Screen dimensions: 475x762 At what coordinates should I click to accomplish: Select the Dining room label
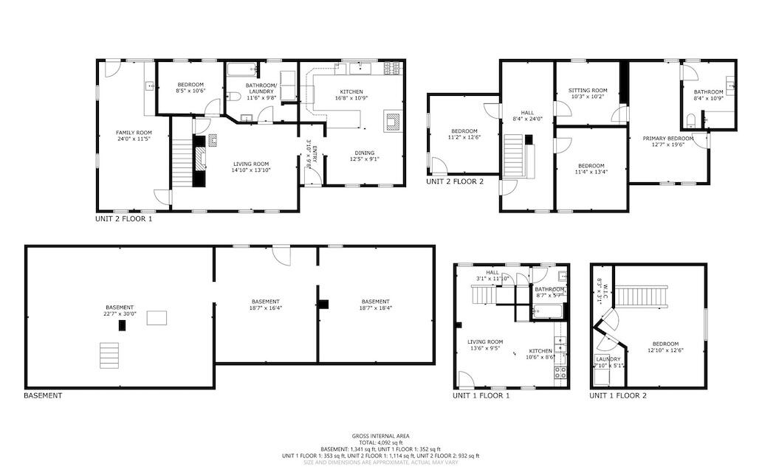coord(364,154)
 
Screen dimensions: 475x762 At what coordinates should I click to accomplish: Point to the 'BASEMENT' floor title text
coord(44,396)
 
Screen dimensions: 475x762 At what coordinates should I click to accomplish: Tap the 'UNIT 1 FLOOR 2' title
coord(617,396)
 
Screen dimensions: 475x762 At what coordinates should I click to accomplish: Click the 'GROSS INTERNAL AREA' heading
coord(380,436)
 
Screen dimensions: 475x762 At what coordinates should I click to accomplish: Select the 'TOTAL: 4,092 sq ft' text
coord(380,443)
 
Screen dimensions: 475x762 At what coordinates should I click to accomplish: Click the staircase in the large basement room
coord(109,355)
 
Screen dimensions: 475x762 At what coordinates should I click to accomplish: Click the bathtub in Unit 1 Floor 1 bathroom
coord(547,311)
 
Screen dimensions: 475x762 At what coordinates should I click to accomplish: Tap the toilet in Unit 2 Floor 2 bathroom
coord(691,120)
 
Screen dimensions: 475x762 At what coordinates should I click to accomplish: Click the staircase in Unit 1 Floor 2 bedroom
coord(642,297)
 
